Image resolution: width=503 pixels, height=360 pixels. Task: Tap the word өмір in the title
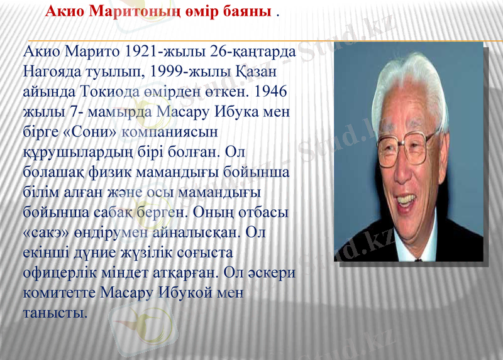coord(194,12)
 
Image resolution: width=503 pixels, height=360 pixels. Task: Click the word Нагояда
coord(53,71)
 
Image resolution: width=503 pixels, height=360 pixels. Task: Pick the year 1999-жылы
coord(199,71)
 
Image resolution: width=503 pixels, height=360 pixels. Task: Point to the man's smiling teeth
coord(406,200)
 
